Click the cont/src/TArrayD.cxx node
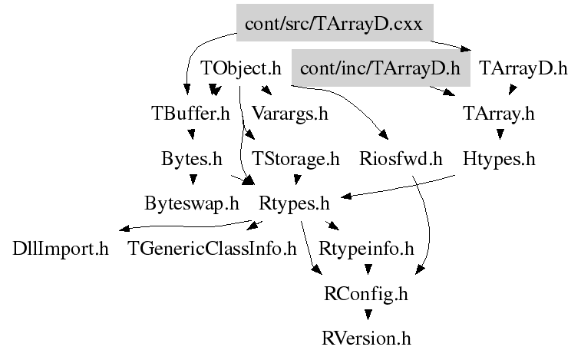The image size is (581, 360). click(335, 22)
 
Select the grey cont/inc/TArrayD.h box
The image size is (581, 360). click(381, 68)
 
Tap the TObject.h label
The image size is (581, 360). click(241, 68)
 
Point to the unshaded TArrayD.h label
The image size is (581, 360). click(523, 68)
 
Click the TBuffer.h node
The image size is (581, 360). click(191, 113)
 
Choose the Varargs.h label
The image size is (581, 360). click(290, 114)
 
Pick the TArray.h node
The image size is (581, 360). click(499, 114)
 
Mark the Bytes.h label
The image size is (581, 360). click(192, 159)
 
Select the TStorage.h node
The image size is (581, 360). click(295, 159)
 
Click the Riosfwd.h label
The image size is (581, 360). click(401, 159)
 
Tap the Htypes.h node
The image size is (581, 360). click(499, 159)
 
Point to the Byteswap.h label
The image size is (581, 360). click(192, 203)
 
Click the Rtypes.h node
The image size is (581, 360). click(294, 203)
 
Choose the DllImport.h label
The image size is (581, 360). click(61, 249)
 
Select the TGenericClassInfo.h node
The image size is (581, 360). click(212, 249)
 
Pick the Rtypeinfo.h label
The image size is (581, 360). click(366, 249)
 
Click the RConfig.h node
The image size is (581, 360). click(366, 294)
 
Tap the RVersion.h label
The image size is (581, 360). click(366, 339)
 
